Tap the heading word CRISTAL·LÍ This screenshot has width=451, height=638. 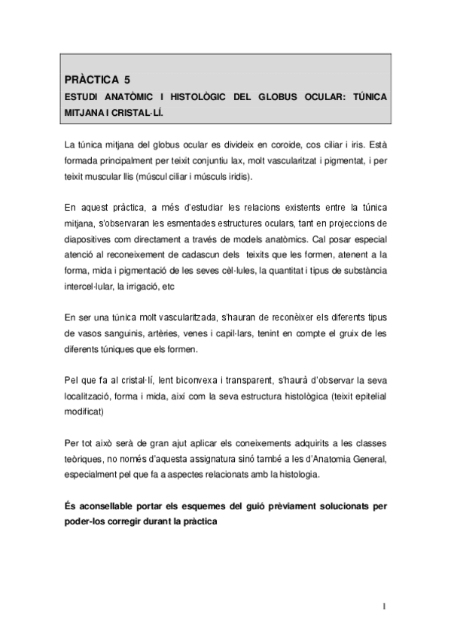(137, 111)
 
